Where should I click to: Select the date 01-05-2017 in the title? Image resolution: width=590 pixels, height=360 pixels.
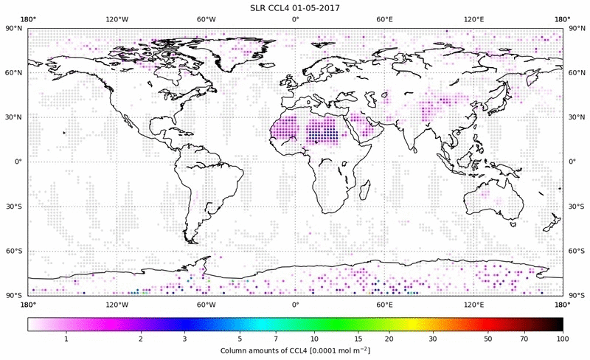tap(321, 7)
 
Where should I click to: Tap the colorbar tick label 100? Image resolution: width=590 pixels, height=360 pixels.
tap(562, 339)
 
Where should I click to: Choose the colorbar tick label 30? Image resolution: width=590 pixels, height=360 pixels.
tap(433, 339)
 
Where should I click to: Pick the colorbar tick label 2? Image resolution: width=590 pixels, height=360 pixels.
tap(140, 339)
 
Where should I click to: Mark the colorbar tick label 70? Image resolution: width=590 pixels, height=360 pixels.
tap(523, 339)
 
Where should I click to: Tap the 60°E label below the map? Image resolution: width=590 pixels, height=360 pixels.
tap(384, 304)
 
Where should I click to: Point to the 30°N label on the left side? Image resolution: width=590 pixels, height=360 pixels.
tap(14, 117)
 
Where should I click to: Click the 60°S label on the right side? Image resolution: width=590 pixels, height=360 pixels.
tap(576, 251)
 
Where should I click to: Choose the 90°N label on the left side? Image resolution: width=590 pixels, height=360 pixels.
tap(14, 28)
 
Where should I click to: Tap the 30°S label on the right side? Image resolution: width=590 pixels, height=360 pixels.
tap(576, 206)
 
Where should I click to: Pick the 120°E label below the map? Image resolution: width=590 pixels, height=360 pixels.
tap(473, 304)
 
